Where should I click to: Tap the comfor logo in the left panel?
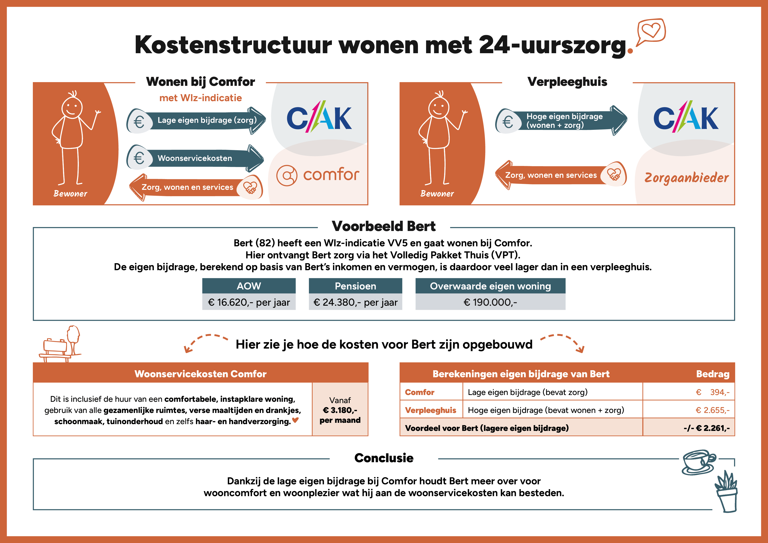click(x=318, y=175)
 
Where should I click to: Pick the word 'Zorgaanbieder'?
click(x=686, y=178)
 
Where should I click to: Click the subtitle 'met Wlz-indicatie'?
click(x=200, y=98)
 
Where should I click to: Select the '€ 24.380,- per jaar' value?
click(x=355, y=302)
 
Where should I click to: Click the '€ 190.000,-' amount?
click(x=490, y=302)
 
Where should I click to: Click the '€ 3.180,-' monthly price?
click(x=340, y=410)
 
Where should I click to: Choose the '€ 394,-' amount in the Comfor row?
click(x=712, y=392)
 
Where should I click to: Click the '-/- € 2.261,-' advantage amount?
click(x=706, y=428)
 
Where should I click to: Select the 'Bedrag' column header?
click(x=712, y=374)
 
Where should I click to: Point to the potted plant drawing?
click(x=727, y=492)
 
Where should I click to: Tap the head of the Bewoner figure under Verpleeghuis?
click(x=439, y=107)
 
